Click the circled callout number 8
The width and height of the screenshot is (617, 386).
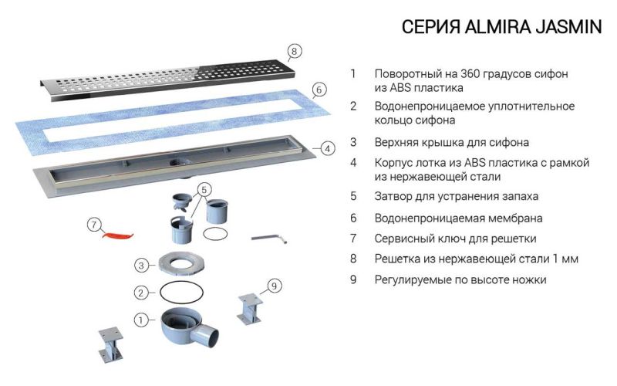(292, 52)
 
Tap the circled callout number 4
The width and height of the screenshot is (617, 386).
(327, 148)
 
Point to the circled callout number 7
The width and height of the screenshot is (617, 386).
(93, 225)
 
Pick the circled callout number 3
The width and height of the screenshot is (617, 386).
(140, 265)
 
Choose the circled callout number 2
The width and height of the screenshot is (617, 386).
(140, 293)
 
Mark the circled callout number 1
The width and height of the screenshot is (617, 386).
(140, 318)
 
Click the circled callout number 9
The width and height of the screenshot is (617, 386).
(273, 286)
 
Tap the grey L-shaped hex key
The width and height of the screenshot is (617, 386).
(270, 239)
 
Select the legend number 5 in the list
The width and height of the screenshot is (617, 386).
(352, 196)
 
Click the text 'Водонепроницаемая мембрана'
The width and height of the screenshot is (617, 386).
(458, 218)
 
